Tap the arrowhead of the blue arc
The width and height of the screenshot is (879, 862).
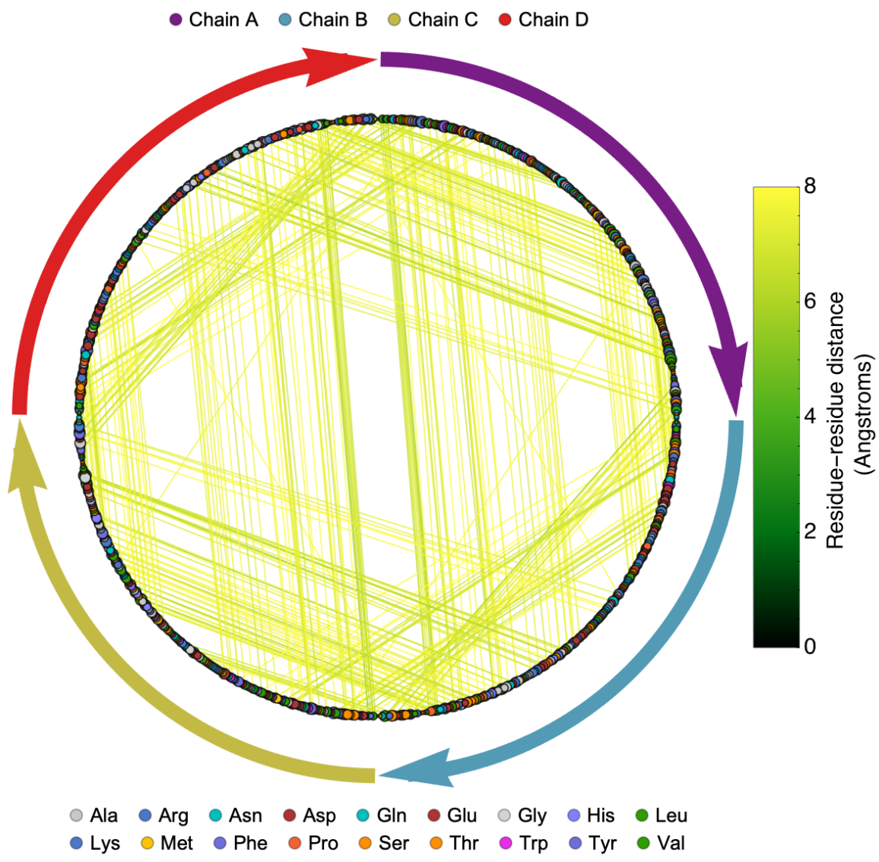pyautogui.click(x=418, y=769)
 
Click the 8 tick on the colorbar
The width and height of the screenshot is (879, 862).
pyautogui.click(x=810, y=186)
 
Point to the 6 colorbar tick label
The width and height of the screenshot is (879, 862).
pyautogui.click(x=810, y=301)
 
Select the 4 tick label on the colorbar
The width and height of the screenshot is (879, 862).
pyautogui.click(x=810, y=416)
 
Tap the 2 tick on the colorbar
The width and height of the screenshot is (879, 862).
pyautogui.click(x=810, y=531)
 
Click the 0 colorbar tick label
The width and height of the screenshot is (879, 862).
pyautogui.click(x=810, y=646)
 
